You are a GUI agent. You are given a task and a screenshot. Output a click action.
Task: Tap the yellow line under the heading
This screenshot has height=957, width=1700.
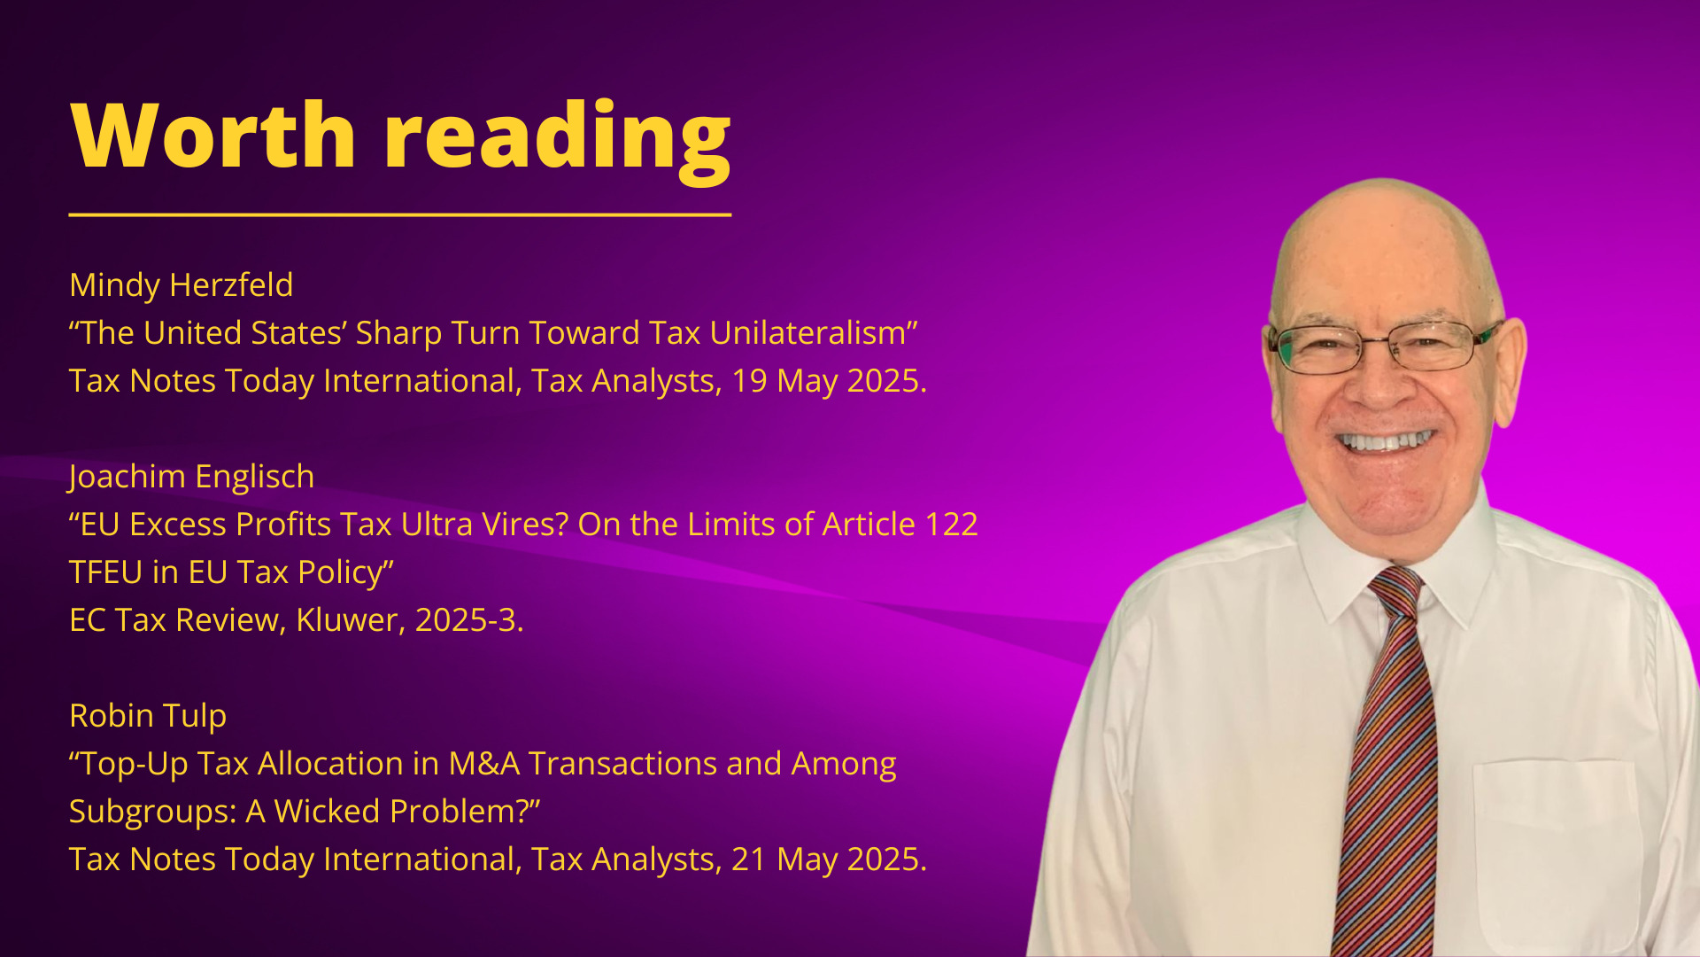[x=400, y=214]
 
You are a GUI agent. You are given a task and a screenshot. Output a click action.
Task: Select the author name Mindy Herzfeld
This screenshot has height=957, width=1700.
[x=182, y=285]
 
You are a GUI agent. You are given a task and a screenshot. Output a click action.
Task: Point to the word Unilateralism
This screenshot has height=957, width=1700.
[x=808, y=333]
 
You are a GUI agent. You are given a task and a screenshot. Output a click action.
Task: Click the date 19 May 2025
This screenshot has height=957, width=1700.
[x=829, y=381]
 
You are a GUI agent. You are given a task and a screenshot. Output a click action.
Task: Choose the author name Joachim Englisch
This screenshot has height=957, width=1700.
[x=191, y=478]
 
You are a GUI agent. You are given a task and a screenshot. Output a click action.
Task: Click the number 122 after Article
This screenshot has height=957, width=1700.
[x=951, y=525]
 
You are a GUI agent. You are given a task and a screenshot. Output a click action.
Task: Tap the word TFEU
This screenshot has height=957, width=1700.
[x=106, y=572]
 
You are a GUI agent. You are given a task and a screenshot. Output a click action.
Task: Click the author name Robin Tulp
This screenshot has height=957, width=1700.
[x=148, y=716]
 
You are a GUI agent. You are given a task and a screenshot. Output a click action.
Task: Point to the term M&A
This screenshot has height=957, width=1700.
[x=484, y=764]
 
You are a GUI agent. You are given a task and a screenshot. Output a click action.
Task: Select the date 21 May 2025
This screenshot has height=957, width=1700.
[x=829, y=860]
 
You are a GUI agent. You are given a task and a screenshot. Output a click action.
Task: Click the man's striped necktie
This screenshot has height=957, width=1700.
[x=1390, y=762]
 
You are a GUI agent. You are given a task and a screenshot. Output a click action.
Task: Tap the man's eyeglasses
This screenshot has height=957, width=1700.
[x=1386, y=346]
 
